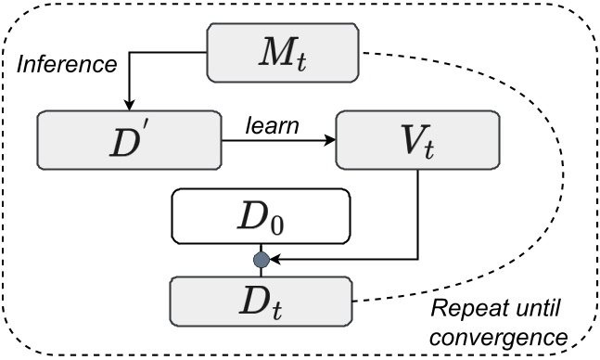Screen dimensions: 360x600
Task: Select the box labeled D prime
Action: pos(128,141)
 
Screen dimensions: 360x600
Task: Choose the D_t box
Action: pos(261,299)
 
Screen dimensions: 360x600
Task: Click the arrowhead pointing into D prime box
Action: pos(130,105)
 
